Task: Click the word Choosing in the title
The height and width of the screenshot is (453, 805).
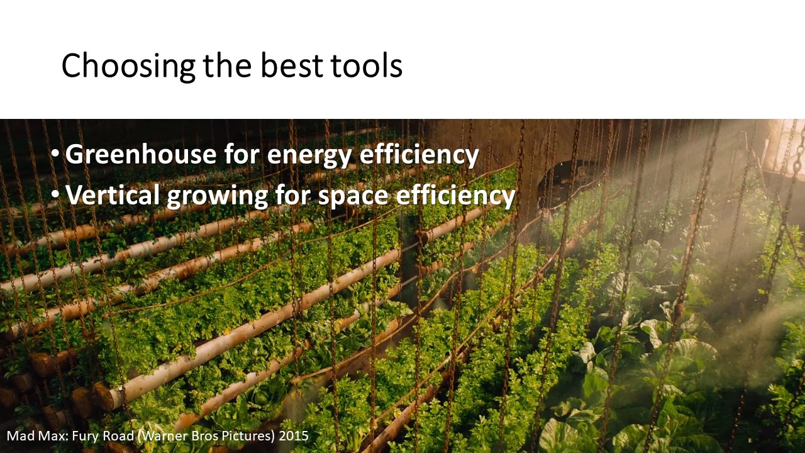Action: (x=128, y=66)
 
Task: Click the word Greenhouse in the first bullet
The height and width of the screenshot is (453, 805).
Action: (x=141, y=154)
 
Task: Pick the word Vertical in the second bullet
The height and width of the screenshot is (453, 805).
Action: (x=113, y=194)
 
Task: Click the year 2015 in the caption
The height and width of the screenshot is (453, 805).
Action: (x=294, y=436)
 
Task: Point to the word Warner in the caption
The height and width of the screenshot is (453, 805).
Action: (x=162, y=436)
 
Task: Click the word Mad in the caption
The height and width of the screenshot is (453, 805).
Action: (x=21, y=436)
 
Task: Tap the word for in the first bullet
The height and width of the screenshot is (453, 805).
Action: (x=241, y=154)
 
